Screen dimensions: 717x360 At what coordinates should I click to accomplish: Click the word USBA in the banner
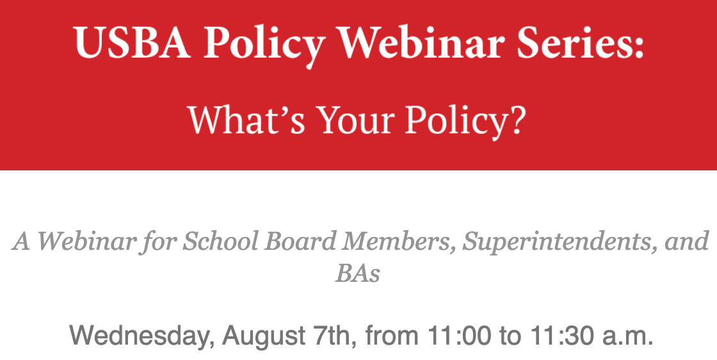tap(132, 42)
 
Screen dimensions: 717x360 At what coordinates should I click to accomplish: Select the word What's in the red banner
tap(246, 120)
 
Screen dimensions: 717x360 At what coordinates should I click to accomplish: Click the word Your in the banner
tap(356, 120)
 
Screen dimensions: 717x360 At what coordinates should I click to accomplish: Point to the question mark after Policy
tap(517, 120)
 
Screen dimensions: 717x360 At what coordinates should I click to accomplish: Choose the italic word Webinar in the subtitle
tap(86, 241)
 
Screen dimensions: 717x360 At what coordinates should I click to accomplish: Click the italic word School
tap(221, 241)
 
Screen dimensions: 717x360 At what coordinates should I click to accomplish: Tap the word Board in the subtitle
tap(300, 241)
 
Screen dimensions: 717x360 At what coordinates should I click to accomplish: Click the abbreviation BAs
tap(358, 274)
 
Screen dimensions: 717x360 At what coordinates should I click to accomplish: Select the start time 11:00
tap(460, 335)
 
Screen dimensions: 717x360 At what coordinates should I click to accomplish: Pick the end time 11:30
tap(563, 335)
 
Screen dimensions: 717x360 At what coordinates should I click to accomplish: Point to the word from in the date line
tap(392, 335)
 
